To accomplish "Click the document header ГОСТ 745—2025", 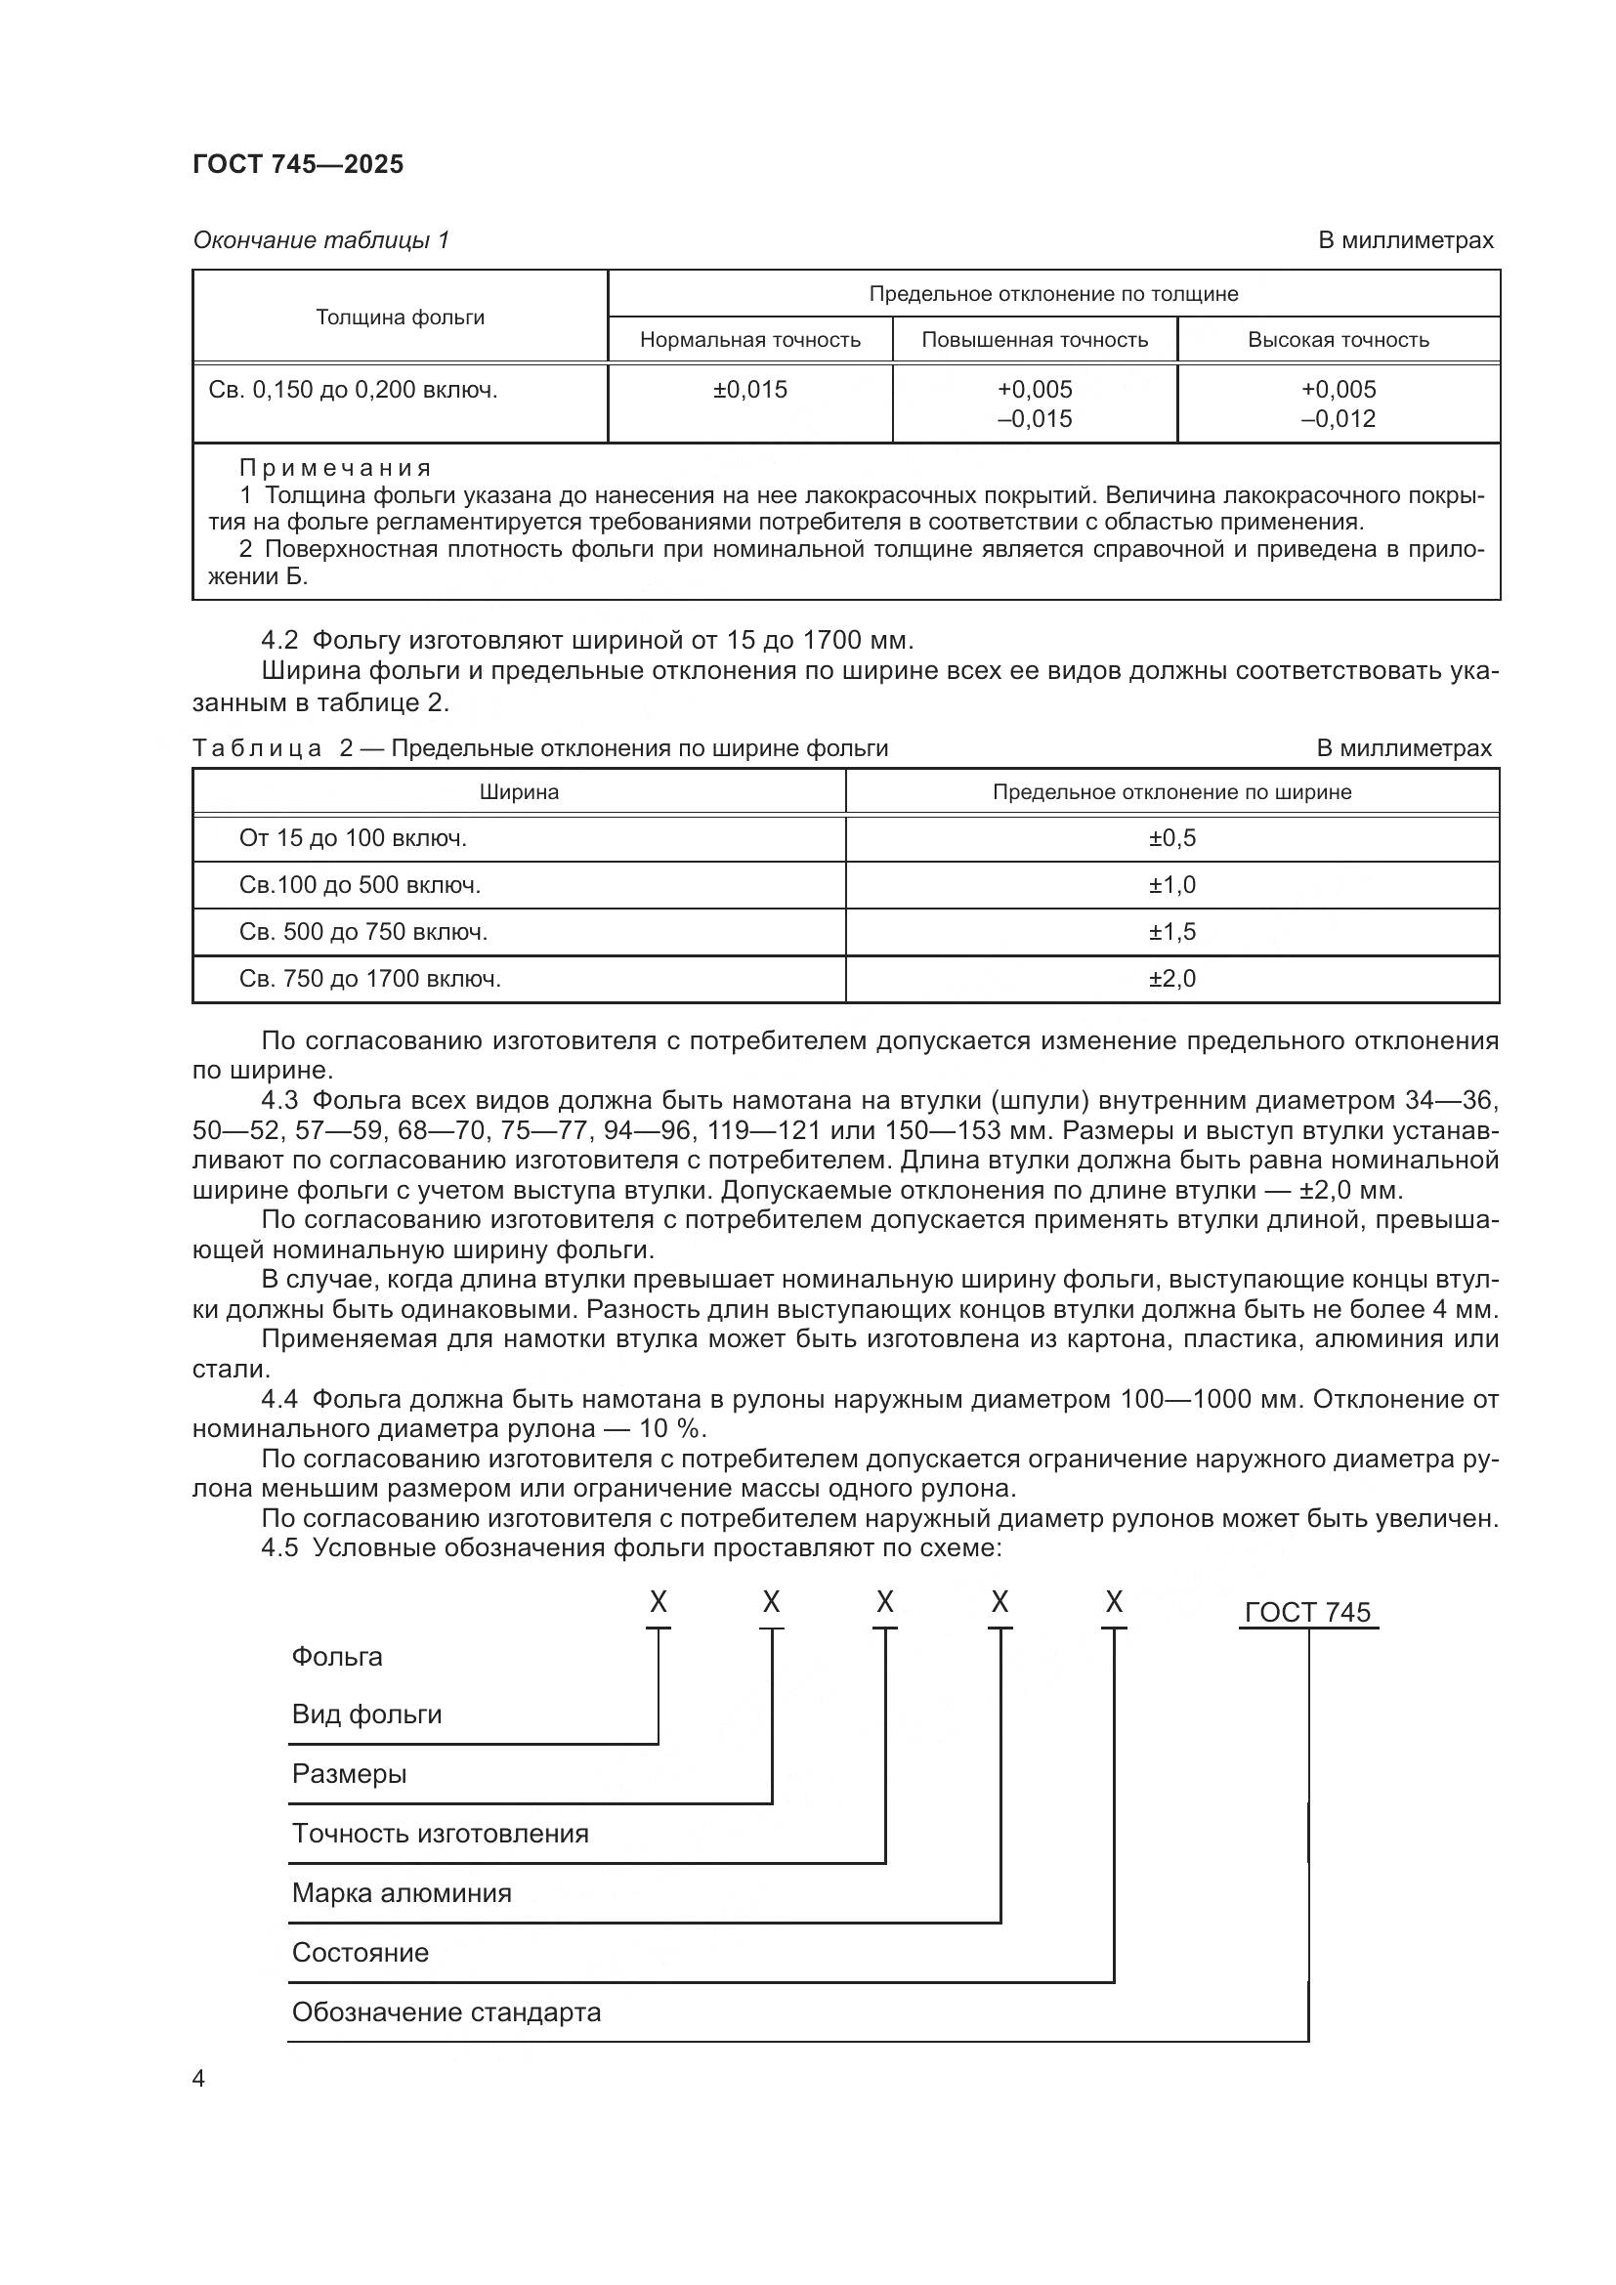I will click(x=298, y=164).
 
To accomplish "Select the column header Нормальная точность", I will click(x=749, y=340).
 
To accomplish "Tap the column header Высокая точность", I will click(x=1338, y=340).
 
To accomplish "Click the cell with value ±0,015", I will click(x=749, y=390).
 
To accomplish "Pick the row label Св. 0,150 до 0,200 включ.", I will click(x=353, y=390).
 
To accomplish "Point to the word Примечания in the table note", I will click(x=335, y=468).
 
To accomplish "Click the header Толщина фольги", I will click(x=400, y=317).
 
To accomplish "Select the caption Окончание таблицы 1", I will click(x=320, y=240).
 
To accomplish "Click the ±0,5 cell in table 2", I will click(x=1171, y=838).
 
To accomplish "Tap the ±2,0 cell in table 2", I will click(x=1171, y=979).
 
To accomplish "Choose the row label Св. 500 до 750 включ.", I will click(x=363, y=933).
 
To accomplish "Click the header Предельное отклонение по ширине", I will click(x=1171, y=792).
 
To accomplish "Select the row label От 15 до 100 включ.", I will click(x=353, y=838).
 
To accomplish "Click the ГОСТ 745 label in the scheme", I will click(x=1306, y=1613).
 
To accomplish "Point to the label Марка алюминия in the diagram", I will click(x=401, y=1894).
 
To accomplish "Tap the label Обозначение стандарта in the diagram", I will click(x=446, y=2013).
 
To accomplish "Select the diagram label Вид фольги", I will click(x=366, y=1714).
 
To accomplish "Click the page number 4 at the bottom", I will click(x=198, y=2079).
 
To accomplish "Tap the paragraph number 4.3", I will click(x=278, y=1101).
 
